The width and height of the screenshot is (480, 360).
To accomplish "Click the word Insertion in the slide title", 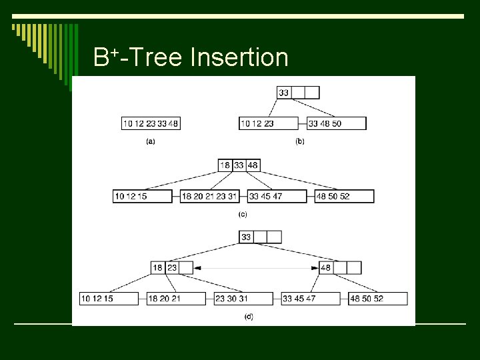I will (x=239, y=57).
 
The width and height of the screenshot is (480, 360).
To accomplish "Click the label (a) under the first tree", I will (x=151, y=142).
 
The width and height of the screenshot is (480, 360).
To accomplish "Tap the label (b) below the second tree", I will (x=299, y=142).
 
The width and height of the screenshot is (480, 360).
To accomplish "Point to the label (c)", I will (x=243, y=214).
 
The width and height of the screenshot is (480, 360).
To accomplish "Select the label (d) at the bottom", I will (x=248, y=316).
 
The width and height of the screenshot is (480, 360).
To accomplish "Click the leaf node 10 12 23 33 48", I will (x=151, y=123).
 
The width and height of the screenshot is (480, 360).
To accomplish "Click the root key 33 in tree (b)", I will (x=284, y=93).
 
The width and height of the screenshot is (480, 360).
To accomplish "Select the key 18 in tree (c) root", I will (x=225, y=165).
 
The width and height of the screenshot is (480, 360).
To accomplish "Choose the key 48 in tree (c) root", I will (x=253, y=165).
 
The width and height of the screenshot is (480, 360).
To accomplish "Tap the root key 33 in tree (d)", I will (x=246, y=237).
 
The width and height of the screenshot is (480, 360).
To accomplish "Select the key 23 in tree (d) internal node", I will (x=172, y=267).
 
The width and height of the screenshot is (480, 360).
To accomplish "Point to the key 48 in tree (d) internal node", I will (x=326, y=267).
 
